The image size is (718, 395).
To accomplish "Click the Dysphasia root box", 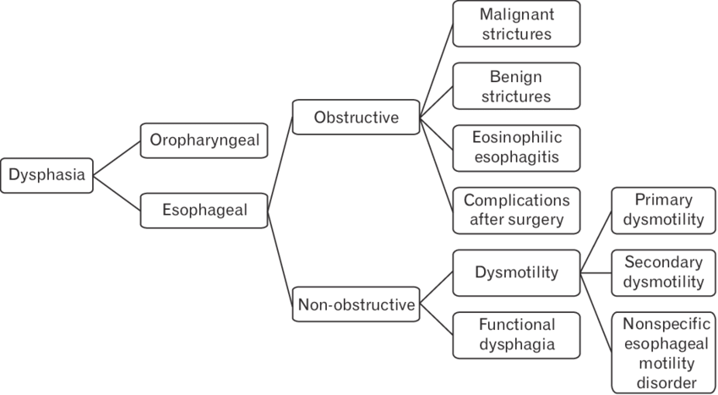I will (x=47, y=175).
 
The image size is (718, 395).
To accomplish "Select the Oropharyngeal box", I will (x=204, y=140).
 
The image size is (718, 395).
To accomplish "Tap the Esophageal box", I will (x=204, y=211).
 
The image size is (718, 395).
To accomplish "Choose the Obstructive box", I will (x=356, y=117).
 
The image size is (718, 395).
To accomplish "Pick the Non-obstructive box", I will (x=356, y=304).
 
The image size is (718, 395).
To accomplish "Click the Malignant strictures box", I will (x=516, y=24).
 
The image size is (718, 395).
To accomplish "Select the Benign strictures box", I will (x=516, y=86).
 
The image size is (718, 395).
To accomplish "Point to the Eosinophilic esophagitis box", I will (x=516, y=148).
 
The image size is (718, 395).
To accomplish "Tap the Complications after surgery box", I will (x=516, y=211).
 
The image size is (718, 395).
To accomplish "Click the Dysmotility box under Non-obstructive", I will (x=516, y=272).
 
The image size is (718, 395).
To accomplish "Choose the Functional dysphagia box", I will (x=516, y=335).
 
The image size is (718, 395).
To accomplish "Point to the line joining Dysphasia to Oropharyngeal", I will (x=117, y=157).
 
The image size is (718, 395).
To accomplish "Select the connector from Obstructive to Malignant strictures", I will (x=436, y=71).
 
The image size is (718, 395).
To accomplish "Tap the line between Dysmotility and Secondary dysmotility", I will (x=596, y=272).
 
